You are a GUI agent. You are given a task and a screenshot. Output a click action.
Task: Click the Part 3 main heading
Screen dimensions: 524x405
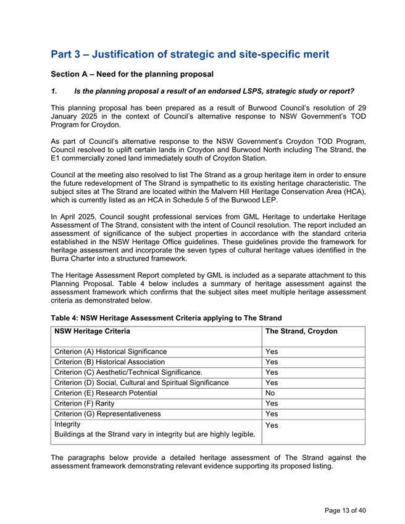(190, 54)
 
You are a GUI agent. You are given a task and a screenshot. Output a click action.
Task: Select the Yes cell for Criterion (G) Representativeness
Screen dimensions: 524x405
(271, 414)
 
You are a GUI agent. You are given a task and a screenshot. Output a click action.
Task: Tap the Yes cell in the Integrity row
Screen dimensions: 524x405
(271, 426)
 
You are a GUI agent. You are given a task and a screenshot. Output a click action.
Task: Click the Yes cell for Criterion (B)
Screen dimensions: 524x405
(271, 362)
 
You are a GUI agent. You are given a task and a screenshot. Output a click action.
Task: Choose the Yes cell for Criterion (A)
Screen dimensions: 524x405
(271, 351)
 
